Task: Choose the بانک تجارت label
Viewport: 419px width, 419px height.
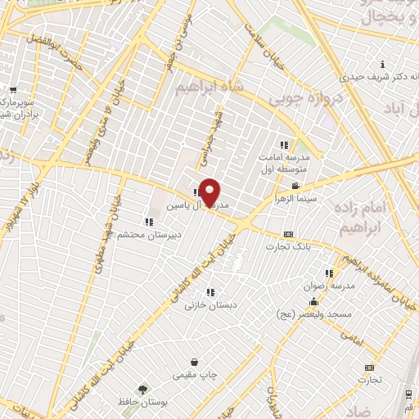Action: click(x=292, y=246)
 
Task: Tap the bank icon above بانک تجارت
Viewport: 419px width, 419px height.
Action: click(x=288, y=234)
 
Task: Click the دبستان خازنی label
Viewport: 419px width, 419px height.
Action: click(x=205, y=304)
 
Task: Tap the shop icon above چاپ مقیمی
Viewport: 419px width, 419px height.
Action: click(x=194, y=363)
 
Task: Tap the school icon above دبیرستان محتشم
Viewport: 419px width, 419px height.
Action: click(x=148, y=221)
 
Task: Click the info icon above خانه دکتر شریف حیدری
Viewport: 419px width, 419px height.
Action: click(x=382, y=65)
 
